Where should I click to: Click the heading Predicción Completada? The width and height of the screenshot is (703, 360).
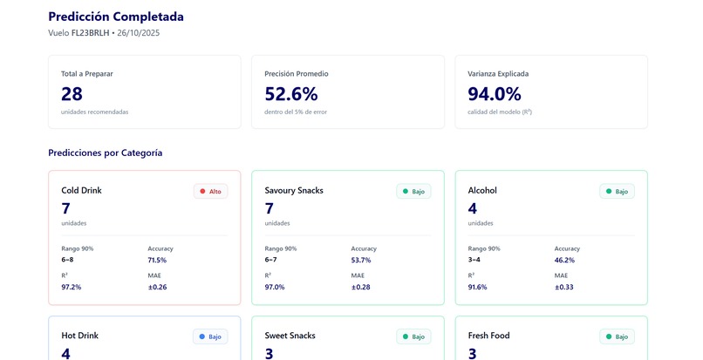(x=116, y=17)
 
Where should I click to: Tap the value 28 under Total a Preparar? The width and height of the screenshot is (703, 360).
(x=72, y=94)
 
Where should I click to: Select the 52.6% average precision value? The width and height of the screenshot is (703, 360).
(x=290, y=94)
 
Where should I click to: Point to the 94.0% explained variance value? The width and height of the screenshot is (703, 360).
(x=494, y=94)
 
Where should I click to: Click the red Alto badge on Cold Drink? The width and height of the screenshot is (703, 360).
(x=210, y=191)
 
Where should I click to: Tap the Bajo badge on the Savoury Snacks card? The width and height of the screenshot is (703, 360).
(x=413, y=191)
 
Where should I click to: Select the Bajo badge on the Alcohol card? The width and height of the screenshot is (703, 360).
(x=617, y=191)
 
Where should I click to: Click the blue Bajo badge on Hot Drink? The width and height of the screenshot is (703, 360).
(x=210, y=336)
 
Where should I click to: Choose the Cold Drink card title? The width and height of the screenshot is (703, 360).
(x=81, y=190)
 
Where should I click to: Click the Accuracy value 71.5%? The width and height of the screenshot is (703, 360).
(x=157, y=260)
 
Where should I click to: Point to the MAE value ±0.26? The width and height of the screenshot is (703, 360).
(x=157, y=287)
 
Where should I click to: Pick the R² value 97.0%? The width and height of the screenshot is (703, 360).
(x=275, y=287)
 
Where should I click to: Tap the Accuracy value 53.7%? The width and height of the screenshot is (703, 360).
(x=360, y=260)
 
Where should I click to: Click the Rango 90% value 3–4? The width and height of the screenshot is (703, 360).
(x=474, y=260)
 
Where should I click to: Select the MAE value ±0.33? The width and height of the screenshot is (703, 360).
(x=563, y=287)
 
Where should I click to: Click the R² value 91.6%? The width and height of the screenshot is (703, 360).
(x=478, y=287)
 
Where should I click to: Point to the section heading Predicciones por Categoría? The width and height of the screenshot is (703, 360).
(x=105, y=153)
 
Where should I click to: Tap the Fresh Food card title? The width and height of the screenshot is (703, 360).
(x=488, y=336)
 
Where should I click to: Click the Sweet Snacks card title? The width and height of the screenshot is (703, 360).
(x=290, y=336)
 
